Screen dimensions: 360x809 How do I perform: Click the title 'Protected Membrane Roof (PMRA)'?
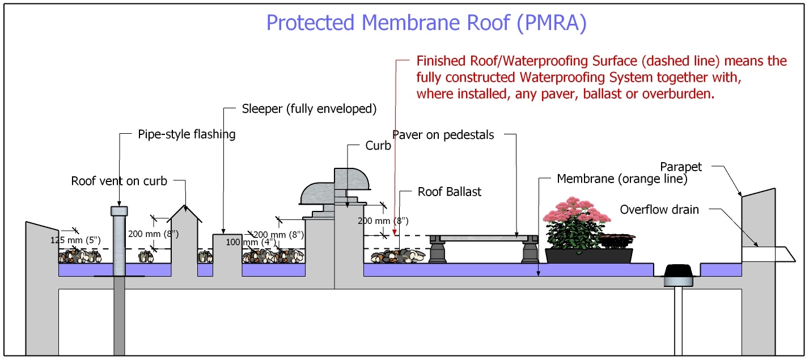point(426,23)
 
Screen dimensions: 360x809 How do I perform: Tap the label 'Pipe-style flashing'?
point(187,134)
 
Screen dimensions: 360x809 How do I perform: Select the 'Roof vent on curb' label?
point(119,181)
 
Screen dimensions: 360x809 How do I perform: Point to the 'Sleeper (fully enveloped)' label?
point(309,109)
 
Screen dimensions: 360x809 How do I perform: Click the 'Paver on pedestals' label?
point(443,135)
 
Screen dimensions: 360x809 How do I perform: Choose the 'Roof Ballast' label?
point(450,192)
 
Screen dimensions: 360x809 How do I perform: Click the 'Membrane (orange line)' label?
point(622,179)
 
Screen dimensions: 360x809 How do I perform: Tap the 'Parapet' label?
point(681,167)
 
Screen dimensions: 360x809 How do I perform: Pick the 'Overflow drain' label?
point(659,210)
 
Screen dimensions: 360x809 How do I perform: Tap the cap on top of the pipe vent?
point(119,211)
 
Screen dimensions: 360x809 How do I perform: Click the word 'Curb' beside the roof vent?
point(378,146)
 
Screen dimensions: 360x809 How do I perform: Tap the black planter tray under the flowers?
point(588,256)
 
